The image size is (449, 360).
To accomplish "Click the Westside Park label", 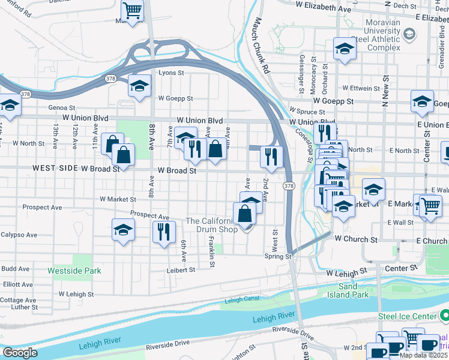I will point(74,271).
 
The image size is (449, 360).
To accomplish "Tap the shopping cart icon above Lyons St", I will point(132,10).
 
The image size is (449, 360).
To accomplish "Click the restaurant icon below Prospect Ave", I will point(164,231).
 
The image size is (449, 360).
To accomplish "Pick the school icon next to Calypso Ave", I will point(123,229).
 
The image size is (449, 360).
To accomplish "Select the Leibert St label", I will point(181,270).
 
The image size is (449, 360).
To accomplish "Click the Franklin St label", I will point(212,252).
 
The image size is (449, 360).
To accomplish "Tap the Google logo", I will point(20,353).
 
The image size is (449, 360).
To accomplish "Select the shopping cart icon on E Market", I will point(430,206).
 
